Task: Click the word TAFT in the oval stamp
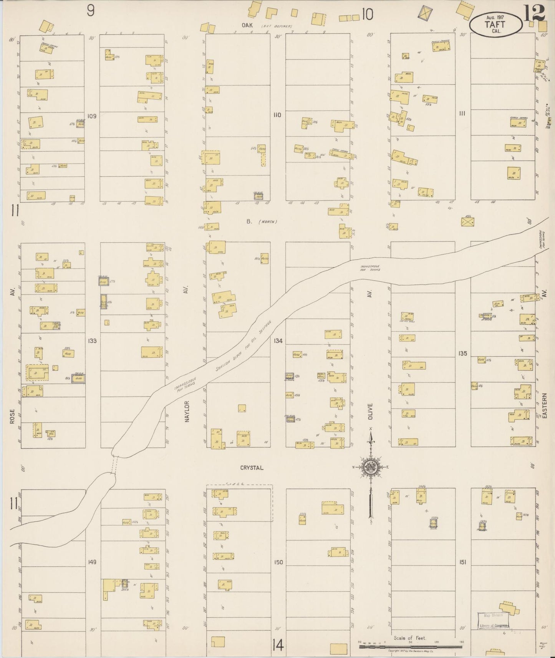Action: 495,24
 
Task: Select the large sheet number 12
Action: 534,13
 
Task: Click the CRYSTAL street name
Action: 252,468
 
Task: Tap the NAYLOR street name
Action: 187,412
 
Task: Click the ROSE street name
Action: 12,417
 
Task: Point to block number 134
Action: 278,341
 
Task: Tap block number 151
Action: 462,562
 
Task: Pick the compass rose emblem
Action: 371,467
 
